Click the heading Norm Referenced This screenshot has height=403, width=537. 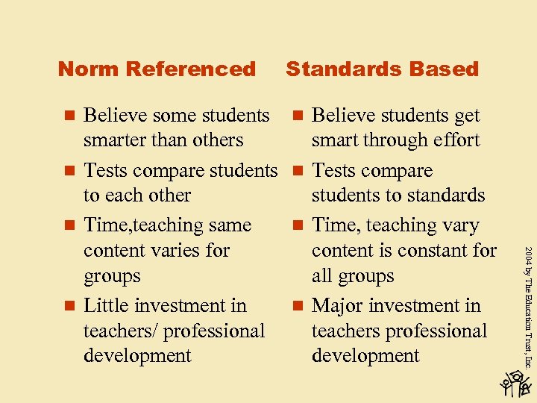pos(157,69)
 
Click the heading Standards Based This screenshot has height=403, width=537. pos(382,69)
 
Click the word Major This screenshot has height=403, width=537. pos(336,306)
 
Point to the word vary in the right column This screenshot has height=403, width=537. pos(459,225)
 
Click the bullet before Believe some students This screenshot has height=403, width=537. pos(69,116)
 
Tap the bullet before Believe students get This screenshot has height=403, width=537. pos(298,116)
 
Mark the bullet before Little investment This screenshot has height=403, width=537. pos(69,306)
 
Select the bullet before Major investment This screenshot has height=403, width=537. pos(298,306)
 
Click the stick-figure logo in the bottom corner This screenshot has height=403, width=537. pos(516,383)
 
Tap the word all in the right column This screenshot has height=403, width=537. pos(322,276)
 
